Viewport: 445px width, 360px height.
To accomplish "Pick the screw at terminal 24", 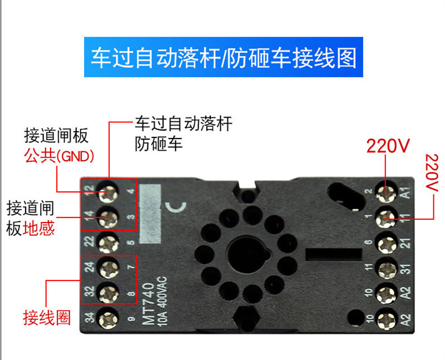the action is (108, 267).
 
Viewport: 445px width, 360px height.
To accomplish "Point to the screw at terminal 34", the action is (108, 318).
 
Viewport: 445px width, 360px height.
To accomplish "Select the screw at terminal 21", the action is (385, 242).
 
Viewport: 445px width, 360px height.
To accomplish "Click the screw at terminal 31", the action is (385, 268).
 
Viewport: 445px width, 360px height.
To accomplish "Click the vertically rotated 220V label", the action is (431, 172).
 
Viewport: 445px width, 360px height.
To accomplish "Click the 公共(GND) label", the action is (59, 155).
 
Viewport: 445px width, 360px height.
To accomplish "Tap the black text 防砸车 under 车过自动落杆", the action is (159, 145).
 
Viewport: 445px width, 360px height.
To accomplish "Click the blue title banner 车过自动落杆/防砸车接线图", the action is (222, 58).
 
